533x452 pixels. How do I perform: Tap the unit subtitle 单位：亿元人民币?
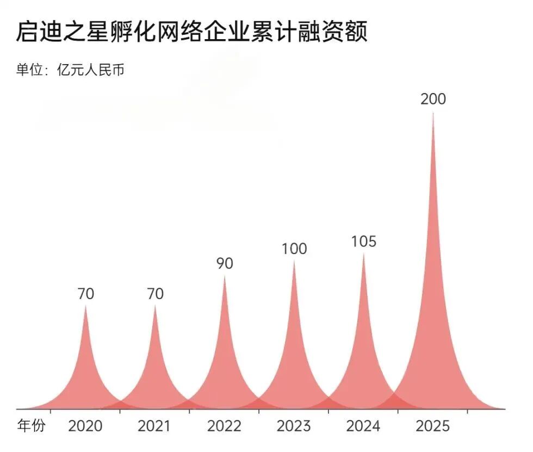tap(70, 70)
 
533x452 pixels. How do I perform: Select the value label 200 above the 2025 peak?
tap(433, 100)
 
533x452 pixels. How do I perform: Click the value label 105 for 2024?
tap(363, 242)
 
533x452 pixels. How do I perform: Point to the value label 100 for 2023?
tap(294, 249)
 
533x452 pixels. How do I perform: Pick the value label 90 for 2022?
tap(225, 264)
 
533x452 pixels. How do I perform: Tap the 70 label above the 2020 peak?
tap(85, 294)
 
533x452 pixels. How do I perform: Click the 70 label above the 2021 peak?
tap(155, 294)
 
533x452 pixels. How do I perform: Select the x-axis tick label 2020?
tap(85, 426)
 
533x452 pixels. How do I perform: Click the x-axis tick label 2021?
tap(154, 426)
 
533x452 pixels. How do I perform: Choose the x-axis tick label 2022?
tap(224, 426)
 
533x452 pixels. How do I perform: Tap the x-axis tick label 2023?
tap(294, 426)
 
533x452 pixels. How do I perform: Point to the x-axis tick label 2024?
tap(363, 426)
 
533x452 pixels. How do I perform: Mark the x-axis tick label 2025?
tap(433, 426)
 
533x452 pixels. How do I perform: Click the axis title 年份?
tap(32, 426)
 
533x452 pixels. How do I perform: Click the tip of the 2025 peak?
tap(433, 113)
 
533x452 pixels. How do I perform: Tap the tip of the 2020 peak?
tap(85, 306)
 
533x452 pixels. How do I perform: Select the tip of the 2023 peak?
tap(294, 261)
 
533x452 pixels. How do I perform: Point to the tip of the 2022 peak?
tap(225, 276)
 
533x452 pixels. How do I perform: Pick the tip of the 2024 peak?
tap(363, 254)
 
